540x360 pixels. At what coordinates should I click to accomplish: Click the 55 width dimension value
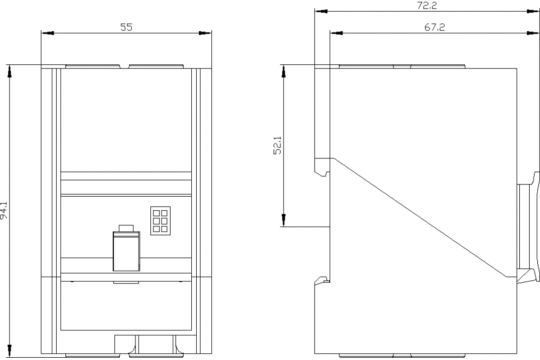[x=126, y=27]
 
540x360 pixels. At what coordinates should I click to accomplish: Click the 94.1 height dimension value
[x=4, y=210]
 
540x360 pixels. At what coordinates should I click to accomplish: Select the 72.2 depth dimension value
[x=427, y=6]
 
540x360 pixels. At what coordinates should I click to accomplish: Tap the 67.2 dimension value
[x=435, y=27]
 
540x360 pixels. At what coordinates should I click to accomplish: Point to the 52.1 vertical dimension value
[x=278, y=145]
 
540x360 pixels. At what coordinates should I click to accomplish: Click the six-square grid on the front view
[x=160, y=220]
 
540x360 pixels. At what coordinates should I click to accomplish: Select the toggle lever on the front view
[x=126, y=251]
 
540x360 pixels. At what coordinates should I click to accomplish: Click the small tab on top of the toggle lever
[x=126, y=228]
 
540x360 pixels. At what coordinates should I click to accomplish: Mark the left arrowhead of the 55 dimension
[x=48, y=33]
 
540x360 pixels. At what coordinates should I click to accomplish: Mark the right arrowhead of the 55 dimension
[x=205, y=33]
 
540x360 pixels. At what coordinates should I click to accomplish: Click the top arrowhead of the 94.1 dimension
[x=9, y=71]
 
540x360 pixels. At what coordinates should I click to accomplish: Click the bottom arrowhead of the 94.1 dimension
[x=9, y=351]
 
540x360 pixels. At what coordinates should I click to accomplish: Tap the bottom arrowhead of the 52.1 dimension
[x=284, y=220]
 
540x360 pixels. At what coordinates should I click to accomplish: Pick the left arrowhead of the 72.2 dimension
[x=321, y=11]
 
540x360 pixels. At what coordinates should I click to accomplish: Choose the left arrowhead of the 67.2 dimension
[x=336, y=33]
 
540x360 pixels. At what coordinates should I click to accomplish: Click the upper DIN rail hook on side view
[x=322, y=167]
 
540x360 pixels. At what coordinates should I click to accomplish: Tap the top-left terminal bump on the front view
[x=93, y=67]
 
